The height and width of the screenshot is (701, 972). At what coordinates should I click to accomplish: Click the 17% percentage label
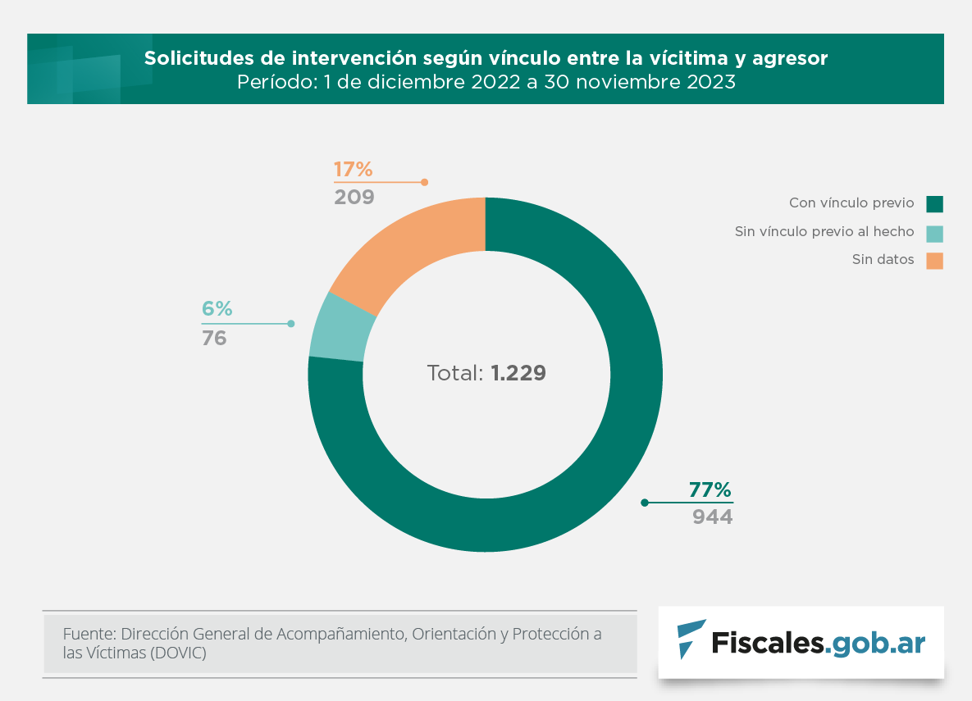pos(354,170)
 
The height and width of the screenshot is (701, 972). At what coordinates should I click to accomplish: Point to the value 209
pos(354,197)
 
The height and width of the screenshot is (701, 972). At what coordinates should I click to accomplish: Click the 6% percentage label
pos(217,309)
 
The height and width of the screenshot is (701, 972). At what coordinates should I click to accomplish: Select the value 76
pos(214,338)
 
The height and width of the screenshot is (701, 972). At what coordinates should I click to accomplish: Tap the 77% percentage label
pos(710,490)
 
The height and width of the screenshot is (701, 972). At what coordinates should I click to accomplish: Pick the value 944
pos(712,517)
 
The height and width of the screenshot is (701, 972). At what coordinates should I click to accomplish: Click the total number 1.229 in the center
pos(518,373)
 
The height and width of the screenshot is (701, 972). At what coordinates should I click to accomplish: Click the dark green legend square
pos(934,203)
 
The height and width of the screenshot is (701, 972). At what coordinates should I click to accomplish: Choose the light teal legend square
pos(934,233)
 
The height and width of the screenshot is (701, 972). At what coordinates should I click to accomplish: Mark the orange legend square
pos(934,261)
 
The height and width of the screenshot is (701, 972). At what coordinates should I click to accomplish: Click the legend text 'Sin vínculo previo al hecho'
pos(824,232)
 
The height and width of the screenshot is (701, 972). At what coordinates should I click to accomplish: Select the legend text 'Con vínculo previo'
pos(851,203)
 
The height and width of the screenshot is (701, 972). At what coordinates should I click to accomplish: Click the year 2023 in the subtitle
pos(705,82)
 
